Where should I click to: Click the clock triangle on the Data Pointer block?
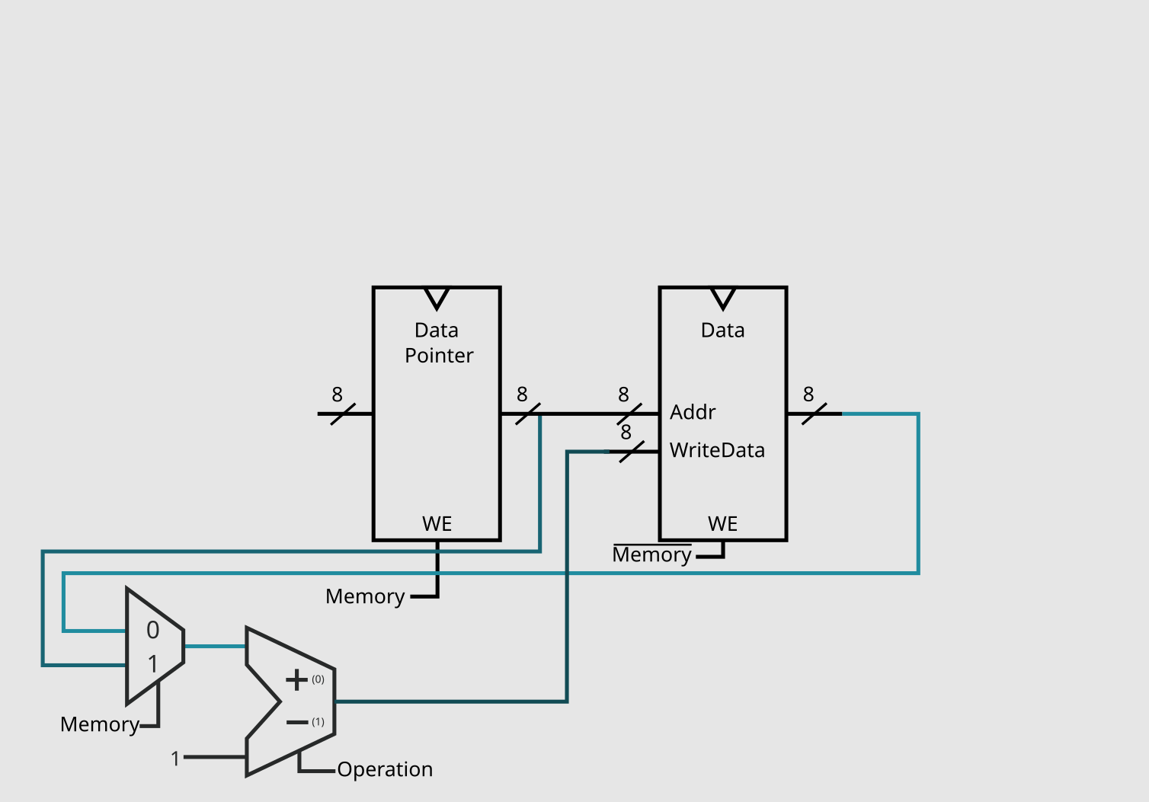437,297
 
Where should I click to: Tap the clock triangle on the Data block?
722,297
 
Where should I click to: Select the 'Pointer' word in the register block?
439,356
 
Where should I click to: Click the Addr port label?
693,412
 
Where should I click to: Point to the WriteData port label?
717,450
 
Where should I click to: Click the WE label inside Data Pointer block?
437,524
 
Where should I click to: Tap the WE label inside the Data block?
722,524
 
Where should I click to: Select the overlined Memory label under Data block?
651,554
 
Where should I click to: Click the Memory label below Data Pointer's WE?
365,596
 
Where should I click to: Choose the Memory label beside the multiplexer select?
100,724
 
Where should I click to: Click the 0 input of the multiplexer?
153,630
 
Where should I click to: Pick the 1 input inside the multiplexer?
153,664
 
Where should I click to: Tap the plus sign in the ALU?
296,679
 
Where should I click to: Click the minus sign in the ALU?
296,722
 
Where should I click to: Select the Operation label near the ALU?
385,769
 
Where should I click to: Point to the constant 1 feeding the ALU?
175,759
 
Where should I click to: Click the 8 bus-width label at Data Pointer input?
337,395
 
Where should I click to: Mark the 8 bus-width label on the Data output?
808,395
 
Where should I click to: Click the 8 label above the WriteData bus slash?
626,433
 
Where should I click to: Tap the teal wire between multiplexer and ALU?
214,647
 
